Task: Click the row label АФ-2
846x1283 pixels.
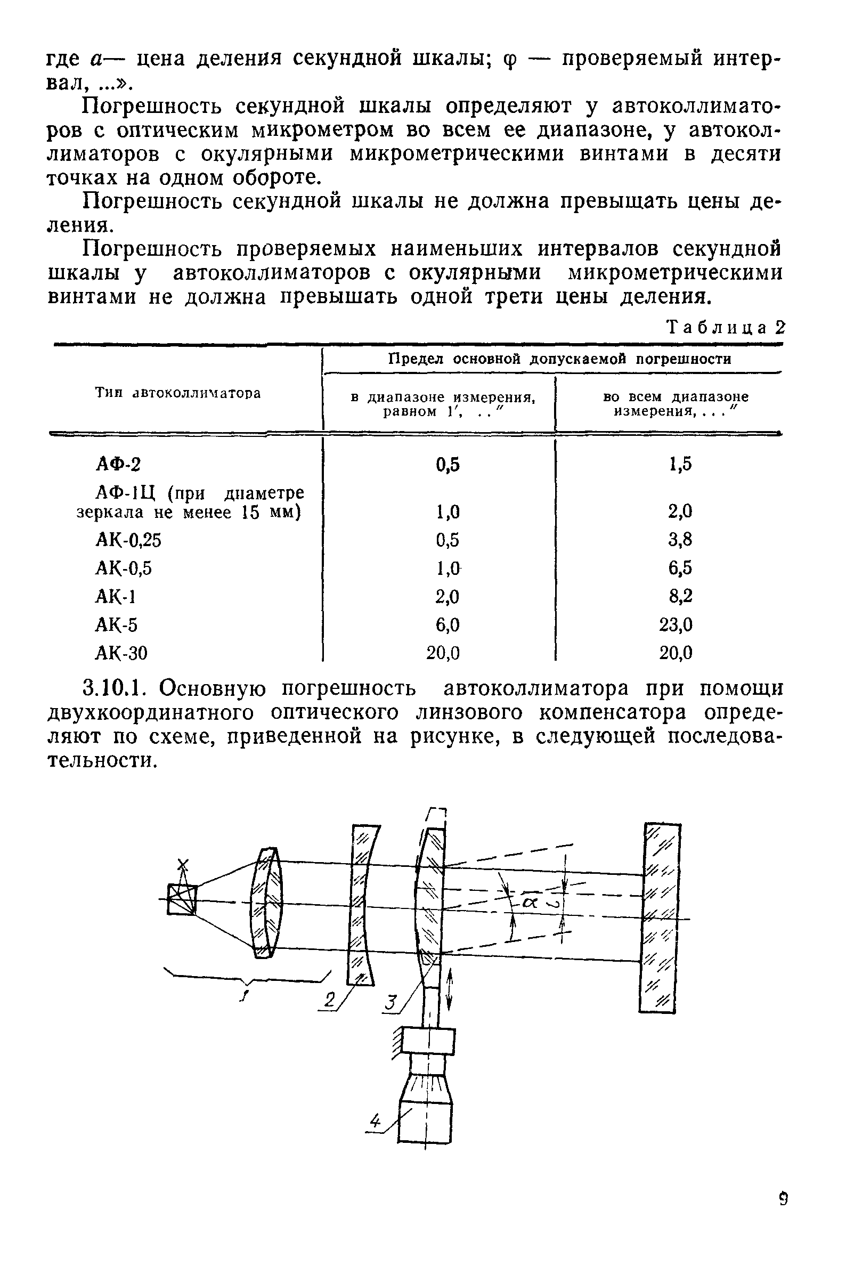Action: coord(118,464)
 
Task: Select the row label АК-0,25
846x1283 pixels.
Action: coord(128,540)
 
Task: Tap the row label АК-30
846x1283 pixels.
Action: coord(121,653)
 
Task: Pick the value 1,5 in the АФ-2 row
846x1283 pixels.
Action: coord(680,464)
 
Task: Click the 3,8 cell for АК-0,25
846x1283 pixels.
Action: coord(680,540)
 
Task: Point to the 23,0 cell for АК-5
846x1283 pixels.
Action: coord(676,625)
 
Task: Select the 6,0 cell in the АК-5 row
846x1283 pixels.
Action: coord(448,625)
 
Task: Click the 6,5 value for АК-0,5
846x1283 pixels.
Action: coord(680,568)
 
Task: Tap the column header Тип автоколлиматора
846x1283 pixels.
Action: coord(178,393)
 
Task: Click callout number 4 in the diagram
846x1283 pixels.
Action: coord(374,1122)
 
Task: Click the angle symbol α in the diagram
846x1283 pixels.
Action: coord(528,903)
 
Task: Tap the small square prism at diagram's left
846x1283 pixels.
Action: coord(182,899)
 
